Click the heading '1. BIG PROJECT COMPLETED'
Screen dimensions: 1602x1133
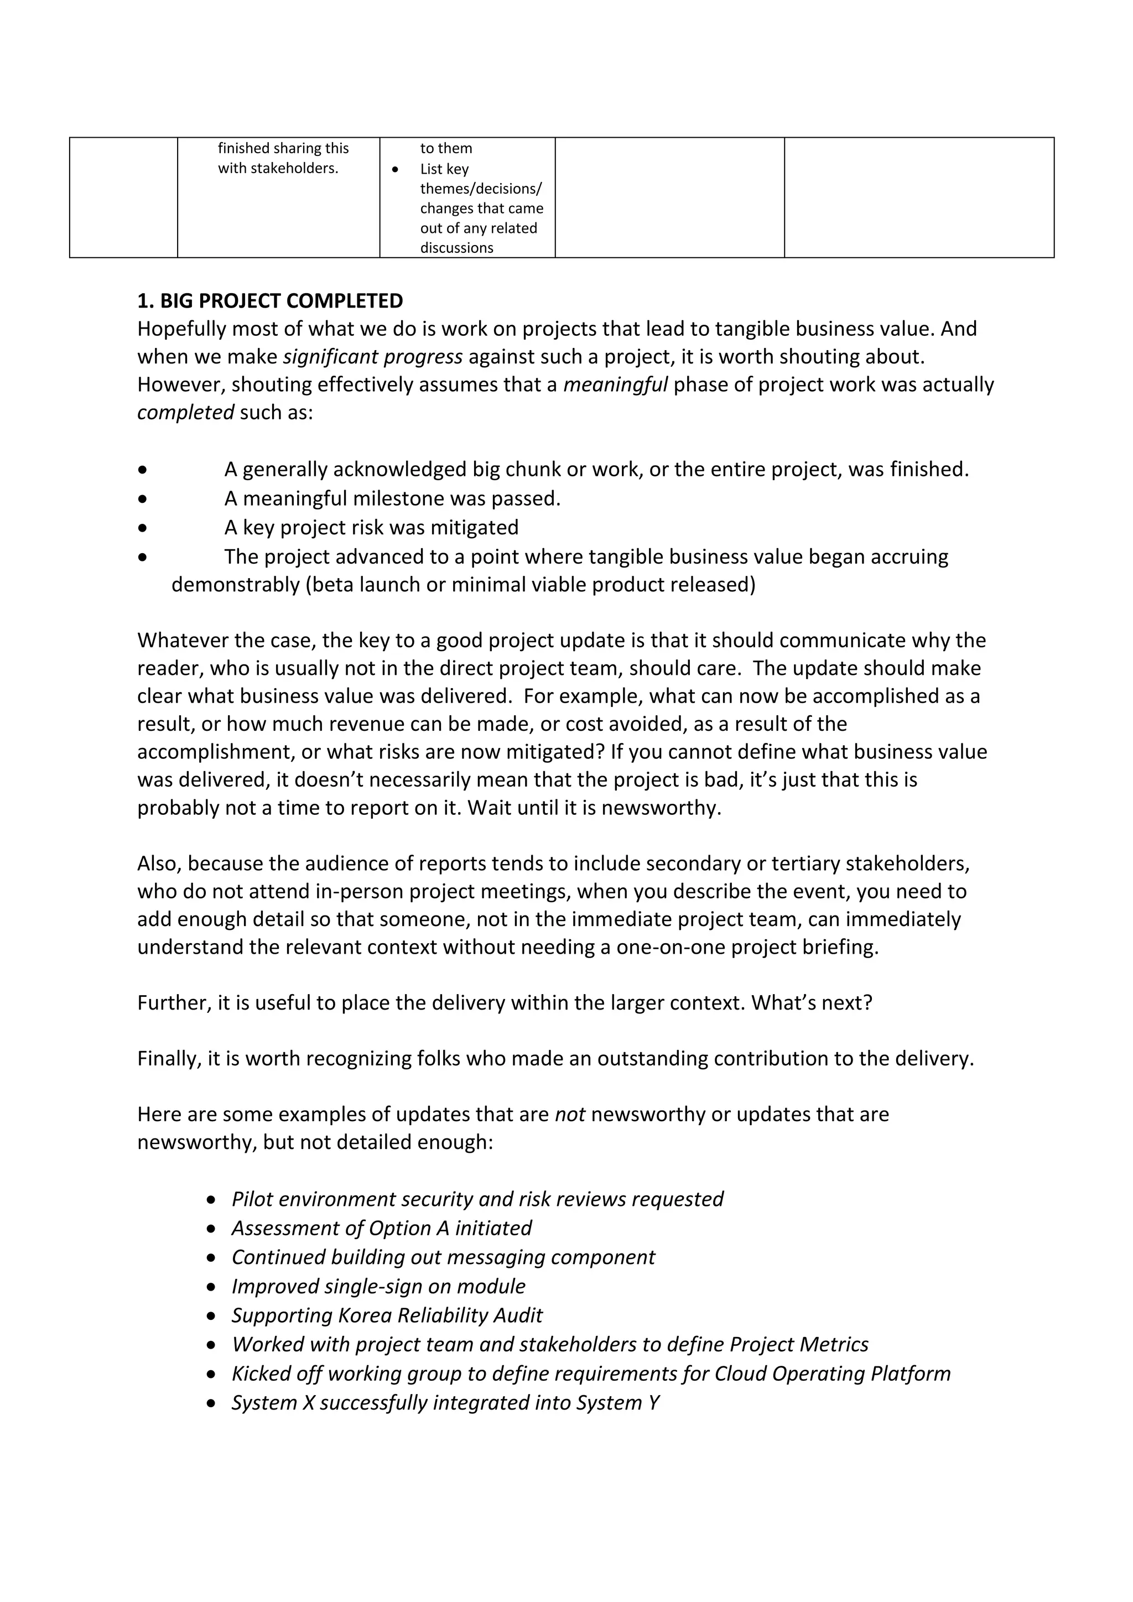tap(270, 301)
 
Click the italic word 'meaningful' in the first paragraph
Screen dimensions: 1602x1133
tap(615, 384)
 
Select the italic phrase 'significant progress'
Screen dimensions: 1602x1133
tap(372, 357)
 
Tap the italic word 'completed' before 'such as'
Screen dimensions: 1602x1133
tap(185, 412)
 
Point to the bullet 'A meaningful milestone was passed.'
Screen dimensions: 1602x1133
tap(392, 498)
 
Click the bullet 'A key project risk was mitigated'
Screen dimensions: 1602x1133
tap(371, 528)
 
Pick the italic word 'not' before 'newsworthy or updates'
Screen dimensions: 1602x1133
tap(569, 1114)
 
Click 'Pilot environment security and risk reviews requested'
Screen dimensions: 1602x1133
tap(477, 1199)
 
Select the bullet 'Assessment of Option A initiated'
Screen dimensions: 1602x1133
tap(381, 1228)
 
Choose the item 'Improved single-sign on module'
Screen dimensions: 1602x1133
tap(378, 1286)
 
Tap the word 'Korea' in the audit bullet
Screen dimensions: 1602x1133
tap(365, 1315)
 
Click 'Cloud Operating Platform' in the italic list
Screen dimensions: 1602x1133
tap(831, 1373)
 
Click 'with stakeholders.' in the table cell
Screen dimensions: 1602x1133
tap(278, 168)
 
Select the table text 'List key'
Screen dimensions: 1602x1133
tap(444, 169)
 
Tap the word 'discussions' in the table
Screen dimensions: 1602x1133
tap(456, 248)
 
